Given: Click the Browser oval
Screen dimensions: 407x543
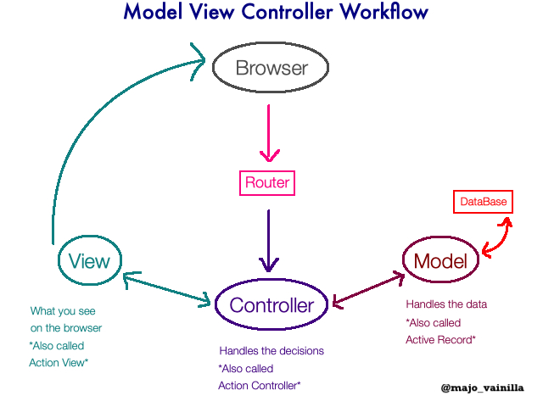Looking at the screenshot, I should [x=271, y=68].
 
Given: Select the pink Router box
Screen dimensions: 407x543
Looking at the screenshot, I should [x=267, y=182].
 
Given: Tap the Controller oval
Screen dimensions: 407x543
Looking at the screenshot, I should [x=271, y=305].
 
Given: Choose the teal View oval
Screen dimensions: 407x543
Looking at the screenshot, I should [x=90, y=261].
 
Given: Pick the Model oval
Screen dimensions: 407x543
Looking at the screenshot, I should [x=440, y=262].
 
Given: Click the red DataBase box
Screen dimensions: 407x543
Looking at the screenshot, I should [x=484, y=202].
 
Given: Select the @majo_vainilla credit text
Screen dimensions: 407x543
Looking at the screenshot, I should [x=482, y=388].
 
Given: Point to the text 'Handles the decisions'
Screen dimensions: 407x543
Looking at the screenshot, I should [x=271, y=351].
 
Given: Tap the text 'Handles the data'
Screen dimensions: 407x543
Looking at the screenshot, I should [x=446, y=304].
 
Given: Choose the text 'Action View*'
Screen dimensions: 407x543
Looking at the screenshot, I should [x=59, y=363].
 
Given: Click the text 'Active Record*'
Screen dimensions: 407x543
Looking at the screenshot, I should [x=440, y=340].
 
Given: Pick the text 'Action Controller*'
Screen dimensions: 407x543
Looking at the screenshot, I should [x=260, y=386].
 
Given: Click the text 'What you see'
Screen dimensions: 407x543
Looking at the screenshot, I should [x=63, y=311].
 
